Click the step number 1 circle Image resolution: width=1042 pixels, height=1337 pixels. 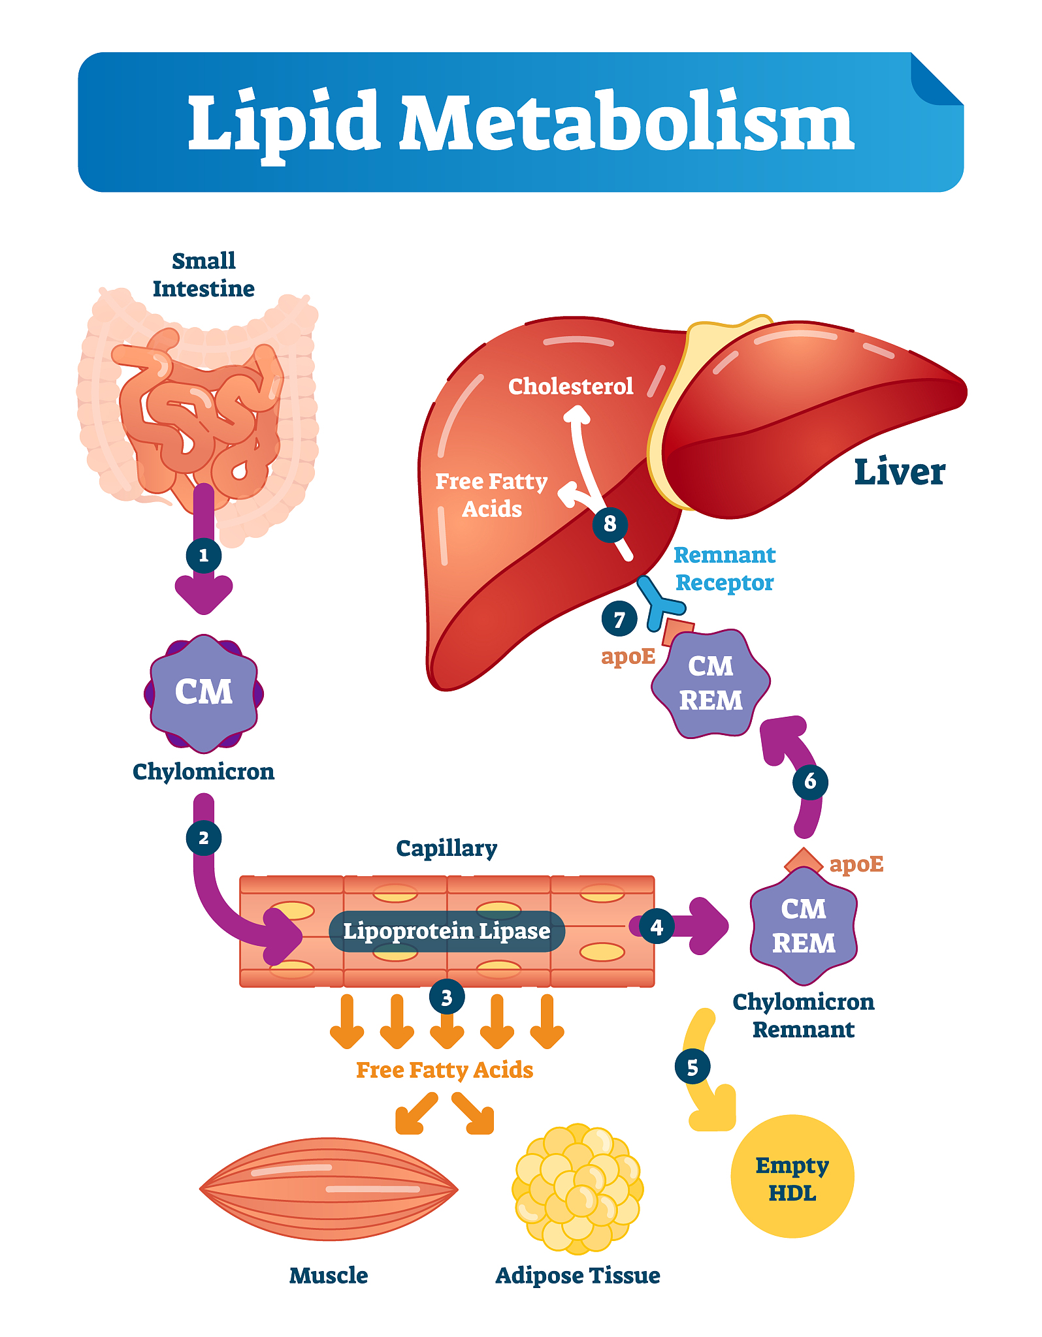tap(204, 556)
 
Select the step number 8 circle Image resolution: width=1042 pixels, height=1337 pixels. tap(610, 524)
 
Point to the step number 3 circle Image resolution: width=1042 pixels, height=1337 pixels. tap(447, 998)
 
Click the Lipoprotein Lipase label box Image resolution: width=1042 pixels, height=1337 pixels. tap(447, 931)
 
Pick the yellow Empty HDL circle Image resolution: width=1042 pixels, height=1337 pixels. tap(792, 1176)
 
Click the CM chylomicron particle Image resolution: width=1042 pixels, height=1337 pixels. tap(204, 693)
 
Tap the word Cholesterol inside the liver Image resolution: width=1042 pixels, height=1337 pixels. tap(570, 386)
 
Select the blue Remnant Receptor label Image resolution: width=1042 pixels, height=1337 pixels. tap(724, 569)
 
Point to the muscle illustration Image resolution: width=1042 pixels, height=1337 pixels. tap(329, 1188)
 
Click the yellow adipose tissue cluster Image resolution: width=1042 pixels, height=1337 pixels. tap(578, 1188)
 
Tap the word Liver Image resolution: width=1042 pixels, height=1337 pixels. tap(900, 472)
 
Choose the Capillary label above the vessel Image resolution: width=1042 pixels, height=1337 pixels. tap(447, 848)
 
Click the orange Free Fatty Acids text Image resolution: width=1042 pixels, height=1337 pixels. tap(444, 1070)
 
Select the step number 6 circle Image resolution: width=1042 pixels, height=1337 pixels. tap(810, 781)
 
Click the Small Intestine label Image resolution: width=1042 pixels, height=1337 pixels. tap(204, 275)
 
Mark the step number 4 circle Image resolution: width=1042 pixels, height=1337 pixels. tap(657, 926)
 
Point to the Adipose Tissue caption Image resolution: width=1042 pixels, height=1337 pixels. tap(578, 1275)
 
